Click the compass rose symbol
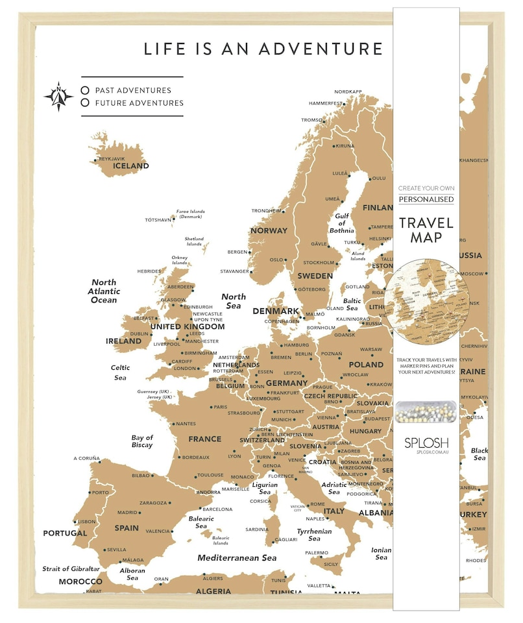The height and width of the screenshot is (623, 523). [x=59, y=97]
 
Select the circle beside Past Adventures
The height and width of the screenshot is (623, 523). [x=85, y=90]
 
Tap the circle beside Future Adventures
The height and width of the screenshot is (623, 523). [x=85, y=103]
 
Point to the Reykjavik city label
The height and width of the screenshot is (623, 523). [x=111, y=159]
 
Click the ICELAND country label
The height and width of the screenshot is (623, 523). [x=130, y=166]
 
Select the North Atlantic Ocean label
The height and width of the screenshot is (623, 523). [x=104, y=291]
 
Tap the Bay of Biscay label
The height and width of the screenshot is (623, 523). [x=142, y=441]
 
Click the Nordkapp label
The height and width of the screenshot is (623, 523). [x=348, y=92]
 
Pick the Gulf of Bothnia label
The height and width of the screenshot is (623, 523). [x=342, y=223]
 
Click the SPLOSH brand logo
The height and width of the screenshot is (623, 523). [x=426, y=443]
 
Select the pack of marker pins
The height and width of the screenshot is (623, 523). [x=426, y=411]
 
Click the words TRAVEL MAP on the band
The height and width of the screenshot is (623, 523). [x=426, y=230]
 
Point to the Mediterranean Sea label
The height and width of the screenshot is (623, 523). [x=237, y=557]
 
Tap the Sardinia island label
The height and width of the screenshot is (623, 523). [x=257, y=529]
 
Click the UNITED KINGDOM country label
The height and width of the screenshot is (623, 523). [x=188, y=326]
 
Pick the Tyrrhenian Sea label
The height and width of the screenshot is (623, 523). [x=314, y=535]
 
